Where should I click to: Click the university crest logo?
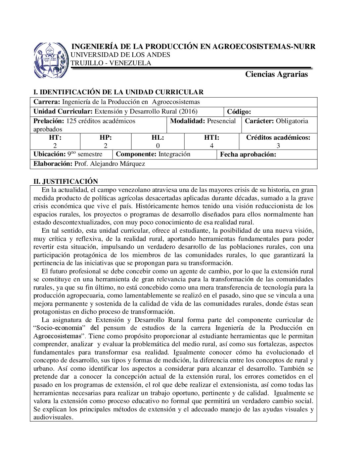[x=51, y=60]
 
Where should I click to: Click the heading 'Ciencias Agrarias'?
[x=276, y=74]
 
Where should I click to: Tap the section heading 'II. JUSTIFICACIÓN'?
[x=66, y=181]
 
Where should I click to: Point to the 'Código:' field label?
[x=239, y=112]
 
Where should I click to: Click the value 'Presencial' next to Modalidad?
[x=221, y=121]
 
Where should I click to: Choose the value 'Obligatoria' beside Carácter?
[x=292, y=121]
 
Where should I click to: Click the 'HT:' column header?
[x=55, y=138]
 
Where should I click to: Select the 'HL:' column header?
[x=157, y=138]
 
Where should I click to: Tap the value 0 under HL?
[x=158, y=146]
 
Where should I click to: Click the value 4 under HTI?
[x=212, y=146]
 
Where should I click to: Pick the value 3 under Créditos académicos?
[x=278, y=146]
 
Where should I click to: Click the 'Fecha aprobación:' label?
[x=248, y=155]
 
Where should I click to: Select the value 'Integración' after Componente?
[x=174, y=154]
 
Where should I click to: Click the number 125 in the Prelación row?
[x=71, y=121]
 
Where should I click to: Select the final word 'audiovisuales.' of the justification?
[x=53, y=417]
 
